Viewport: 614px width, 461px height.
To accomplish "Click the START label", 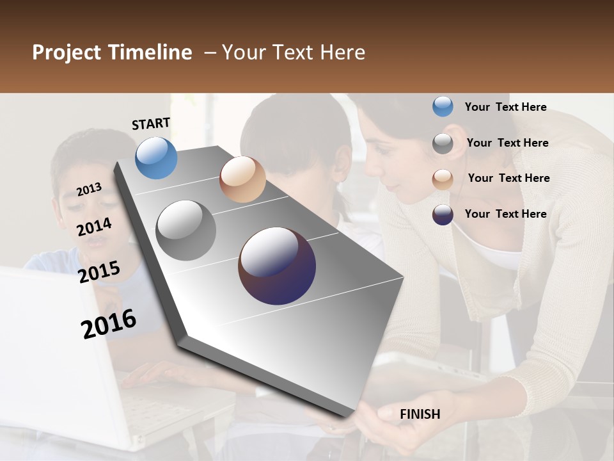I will pyautogui.click(x=151, y=124).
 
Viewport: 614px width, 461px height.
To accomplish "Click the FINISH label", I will pyautogui.click(x=420, y=414).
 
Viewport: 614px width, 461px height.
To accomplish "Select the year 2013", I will pyautogui.click(x=90, y=189).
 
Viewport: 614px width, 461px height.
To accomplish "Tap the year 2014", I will pyautogui.click(x=95, y=227).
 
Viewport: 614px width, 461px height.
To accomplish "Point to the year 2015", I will pyautogui.click(x=99, y=271).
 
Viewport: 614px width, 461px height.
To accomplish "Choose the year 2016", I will pyautogui.click(x=109, y=323).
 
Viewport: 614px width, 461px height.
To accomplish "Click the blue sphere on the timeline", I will pyautogui.click(x=156, y=158).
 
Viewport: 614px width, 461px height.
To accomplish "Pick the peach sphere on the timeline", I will pyautogui.click(x=242, y=179).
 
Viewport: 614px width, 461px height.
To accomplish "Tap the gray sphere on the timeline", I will pyautogui.click(x=186, y=230).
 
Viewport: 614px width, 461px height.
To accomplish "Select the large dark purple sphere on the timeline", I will pyautogui.click(x=277, y=266).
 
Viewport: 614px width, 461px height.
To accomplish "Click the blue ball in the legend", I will pyautogui.click(x=443, y=107).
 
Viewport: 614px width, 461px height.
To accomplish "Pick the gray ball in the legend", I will pyautogui.click(x=443, y=143).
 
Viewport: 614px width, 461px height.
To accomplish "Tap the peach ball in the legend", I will pyautogui.click(x=443, y=179).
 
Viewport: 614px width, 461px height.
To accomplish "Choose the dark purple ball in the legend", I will pyautogui.click(x=443, y=214).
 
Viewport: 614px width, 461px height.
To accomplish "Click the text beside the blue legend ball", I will pyautogui.click(x=505, y=107).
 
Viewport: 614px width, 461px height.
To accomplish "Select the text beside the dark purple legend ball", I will pyautogui.click(x=505, y=214).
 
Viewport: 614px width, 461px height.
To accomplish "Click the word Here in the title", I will pyautogui.click(x=342, y=53).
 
